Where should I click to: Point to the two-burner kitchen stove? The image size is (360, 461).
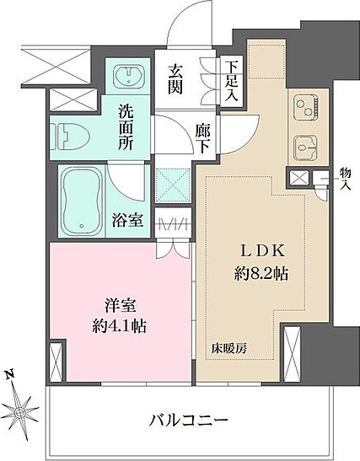(x=302, y=107)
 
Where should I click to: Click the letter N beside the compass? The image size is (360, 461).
(x=9, y=374)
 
